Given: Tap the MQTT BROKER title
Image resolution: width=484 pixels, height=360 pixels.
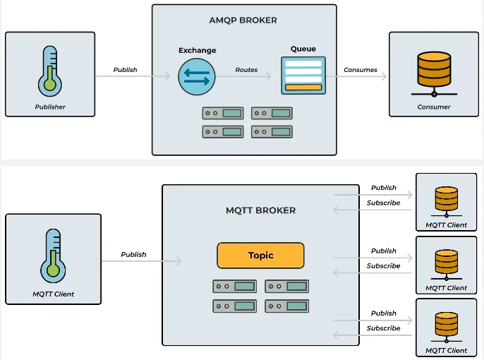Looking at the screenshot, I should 260,210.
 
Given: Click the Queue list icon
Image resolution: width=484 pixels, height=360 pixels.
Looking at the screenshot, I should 303,76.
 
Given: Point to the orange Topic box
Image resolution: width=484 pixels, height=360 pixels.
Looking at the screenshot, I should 260,256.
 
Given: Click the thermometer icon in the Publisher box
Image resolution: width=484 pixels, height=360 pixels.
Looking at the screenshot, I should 50,71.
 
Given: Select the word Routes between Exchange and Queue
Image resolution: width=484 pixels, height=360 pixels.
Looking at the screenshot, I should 246,70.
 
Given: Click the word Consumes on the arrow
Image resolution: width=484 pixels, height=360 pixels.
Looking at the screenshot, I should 361,70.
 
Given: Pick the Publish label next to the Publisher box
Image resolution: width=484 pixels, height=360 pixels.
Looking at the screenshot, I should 125,70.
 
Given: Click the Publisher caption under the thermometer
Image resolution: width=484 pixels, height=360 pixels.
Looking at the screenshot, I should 50,107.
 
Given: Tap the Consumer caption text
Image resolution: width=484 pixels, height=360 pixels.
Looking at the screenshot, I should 434,107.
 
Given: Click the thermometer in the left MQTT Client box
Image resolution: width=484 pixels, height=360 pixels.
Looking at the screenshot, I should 50,254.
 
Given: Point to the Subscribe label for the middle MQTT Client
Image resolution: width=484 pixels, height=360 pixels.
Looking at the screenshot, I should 383,266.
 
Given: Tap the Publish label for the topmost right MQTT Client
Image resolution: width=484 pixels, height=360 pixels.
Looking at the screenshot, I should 383,188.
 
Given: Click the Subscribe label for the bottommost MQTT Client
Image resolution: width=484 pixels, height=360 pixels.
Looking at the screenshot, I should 383,328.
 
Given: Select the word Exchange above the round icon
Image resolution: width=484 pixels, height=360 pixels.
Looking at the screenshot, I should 197,51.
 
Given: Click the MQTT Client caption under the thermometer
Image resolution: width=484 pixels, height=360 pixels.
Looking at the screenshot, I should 53,294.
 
